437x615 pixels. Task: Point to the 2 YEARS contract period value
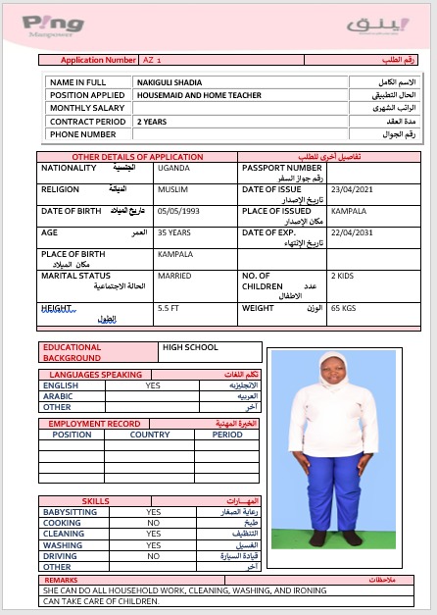coord(152,122)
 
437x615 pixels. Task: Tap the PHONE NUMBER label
coord(83,134)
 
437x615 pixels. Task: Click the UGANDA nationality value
coord(173,168)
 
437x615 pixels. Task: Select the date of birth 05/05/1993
coord(177,211)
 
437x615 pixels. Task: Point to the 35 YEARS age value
coord(175,232)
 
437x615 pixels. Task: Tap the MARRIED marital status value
coord(174,276)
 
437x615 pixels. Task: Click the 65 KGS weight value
coord(343,308)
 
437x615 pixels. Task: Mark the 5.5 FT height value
coord(169,308)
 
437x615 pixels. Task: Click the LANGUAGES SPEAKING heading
coord(96,375)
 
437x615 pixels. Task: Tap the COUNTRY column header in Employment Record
coord(150,435)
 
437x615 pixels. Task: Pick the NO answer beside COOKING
coord(153,523)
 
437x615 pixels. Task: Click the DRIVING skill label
coord(59,555)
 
